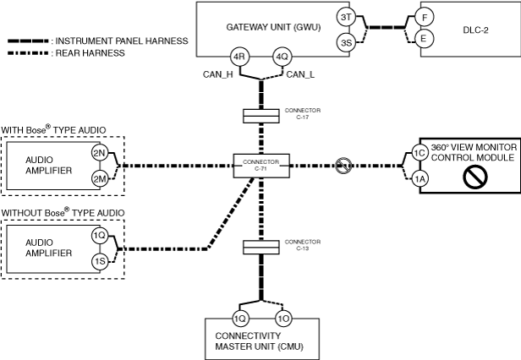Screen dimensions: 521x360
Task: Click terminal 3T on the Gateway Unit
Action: coord(346,17)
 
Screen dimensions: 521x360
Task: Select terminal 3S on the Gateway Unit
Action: coord(346,42)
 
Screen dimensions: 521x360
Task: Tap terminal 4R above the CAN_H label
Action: coord(239,57)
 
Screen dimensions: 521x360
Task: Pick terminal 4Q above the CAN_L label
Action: coord(282,57)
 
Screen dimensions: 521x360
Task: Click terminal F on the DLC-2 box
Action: coord(425,17)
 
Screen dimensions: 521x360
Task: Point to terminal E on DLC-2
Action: coord(423,39)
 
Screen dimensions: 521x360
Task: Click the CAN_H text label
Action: coord(218,74)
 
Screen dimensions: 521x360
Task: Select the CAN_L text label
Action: coord(300,74)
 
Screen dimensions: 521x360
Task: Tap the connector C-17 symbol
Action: coord(260,117)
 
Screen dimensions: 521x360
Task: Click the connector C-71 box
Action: coord(261,166)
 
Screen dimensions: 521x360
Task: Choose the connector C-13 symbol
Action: coord(260,248)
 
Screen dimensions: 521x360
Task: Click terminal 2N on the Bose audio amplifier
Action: coord(100,153)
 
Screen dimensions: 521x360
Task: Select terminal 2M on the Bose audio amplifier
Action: coord(100,179)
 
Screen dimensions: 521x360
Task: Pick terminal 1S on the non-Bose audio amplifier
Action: coord(100,261)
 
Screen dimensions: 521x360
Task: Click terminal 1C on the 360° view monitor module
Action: coord(420,153)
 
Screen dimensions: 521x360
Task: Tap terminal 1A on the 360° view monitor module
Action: coord(420,179)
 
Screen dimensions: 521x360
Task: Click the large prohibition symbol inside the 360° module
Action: coord(475,177)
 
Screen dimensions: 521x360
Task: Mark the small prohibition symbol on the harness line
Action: coord(343,166)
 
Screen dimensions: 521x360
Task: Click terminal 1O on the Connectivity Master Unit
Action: coord(283,319)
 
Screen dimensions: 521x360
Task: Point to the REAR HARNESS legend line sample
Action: coord(29,53)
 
